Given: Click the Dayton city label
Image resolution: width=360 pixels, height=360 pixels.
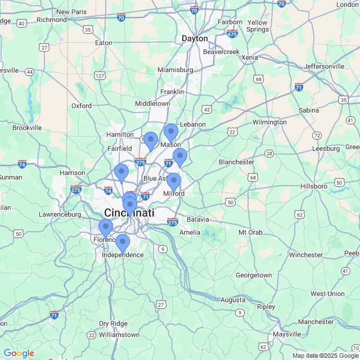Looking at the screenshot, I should (195, 38).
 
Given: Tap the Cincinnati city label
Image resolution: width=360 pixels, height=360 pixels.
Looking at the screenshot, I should (129, 213).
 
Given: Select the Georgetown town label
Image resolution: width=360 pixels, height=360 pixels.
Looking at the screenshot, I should (254, 275).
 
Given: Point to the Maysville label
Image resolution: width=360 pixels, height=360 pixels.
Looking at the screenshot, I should (287, 334).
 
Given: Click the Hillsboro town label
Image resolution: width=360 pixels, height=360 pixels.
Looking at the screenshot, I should (314, 186).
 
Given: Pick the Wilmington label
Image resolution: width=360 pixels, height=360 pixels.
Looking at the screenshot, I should (269, 122).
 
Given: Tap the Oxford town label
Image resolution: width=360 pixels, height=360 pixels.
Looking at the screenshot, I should (82, 106).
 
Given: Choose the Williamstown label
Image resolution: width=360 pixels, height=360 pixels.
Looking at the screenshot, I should (119, 335).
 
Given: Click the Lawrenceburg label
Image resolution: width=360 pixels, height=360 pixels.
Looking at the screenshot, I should (61, 214).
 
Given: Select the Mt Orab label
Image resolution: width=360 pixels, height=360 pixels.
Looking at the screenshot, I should (251, 232).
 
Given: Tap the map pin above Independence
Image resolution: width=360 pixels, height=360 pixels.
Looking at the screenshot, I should (123, 243).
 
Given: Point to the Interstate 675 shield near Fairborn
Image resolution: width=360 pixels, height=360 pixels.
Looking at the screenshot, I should (232, 34).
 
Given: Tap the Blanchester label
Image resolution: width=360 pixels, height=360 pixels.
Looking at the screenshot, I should (236, 162).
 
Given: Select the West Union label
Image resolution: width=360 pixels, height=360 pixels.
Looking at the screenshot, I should (327, 294).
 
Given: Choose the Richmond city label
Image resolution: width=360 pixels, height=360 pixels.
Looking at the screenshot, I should (51, 20).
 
